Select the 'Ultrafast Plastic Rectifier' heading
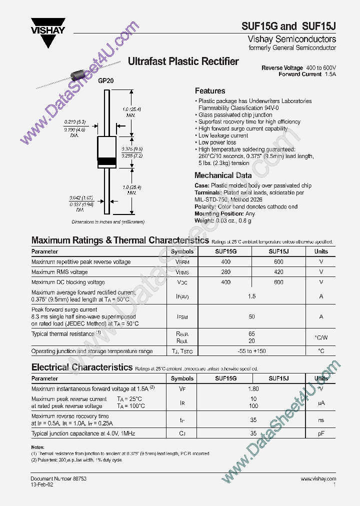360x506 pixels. click(x=183, y=61)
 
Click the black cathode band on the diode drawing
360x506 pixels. click(x=106, y=161)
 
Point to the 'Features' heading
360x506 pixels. click(x=210, y=91)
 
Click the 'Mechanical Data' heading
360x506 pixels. click(x=223, y=175)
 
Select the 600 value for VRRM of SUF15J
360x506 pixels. click(x=278, y=262)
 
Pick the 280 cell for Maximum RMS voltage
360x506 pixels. click(x=226, y=272)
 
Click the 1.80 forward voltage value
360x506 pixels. click(x=253, y=388)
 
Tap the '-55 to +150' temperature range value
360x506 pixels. click(x=252, y=351)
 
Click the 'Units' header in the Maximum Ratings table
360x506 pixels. click(x=321, y=251)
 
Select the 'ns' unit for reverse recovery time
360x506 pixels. click(x=321, y=420)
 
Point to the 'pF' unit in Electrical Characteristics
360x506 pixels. click(x=321, y=433)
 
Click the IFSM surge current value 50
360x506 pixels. click(x=252, y=316)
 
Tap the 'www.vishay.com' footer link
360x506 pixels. click(x=318, y=478)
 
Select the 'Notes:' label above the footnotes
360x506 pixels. click(x=38, y=447)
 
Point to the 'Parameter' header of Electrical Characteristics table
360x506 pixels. click(x=45, y=378)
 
